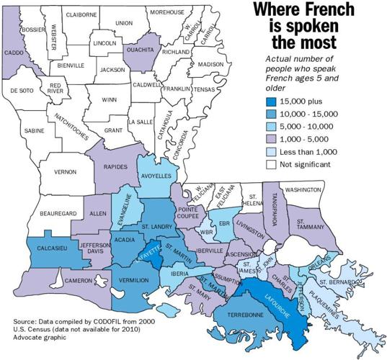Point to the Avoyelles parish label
click(154, 176)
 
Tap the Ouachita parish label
click(141, 50)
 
